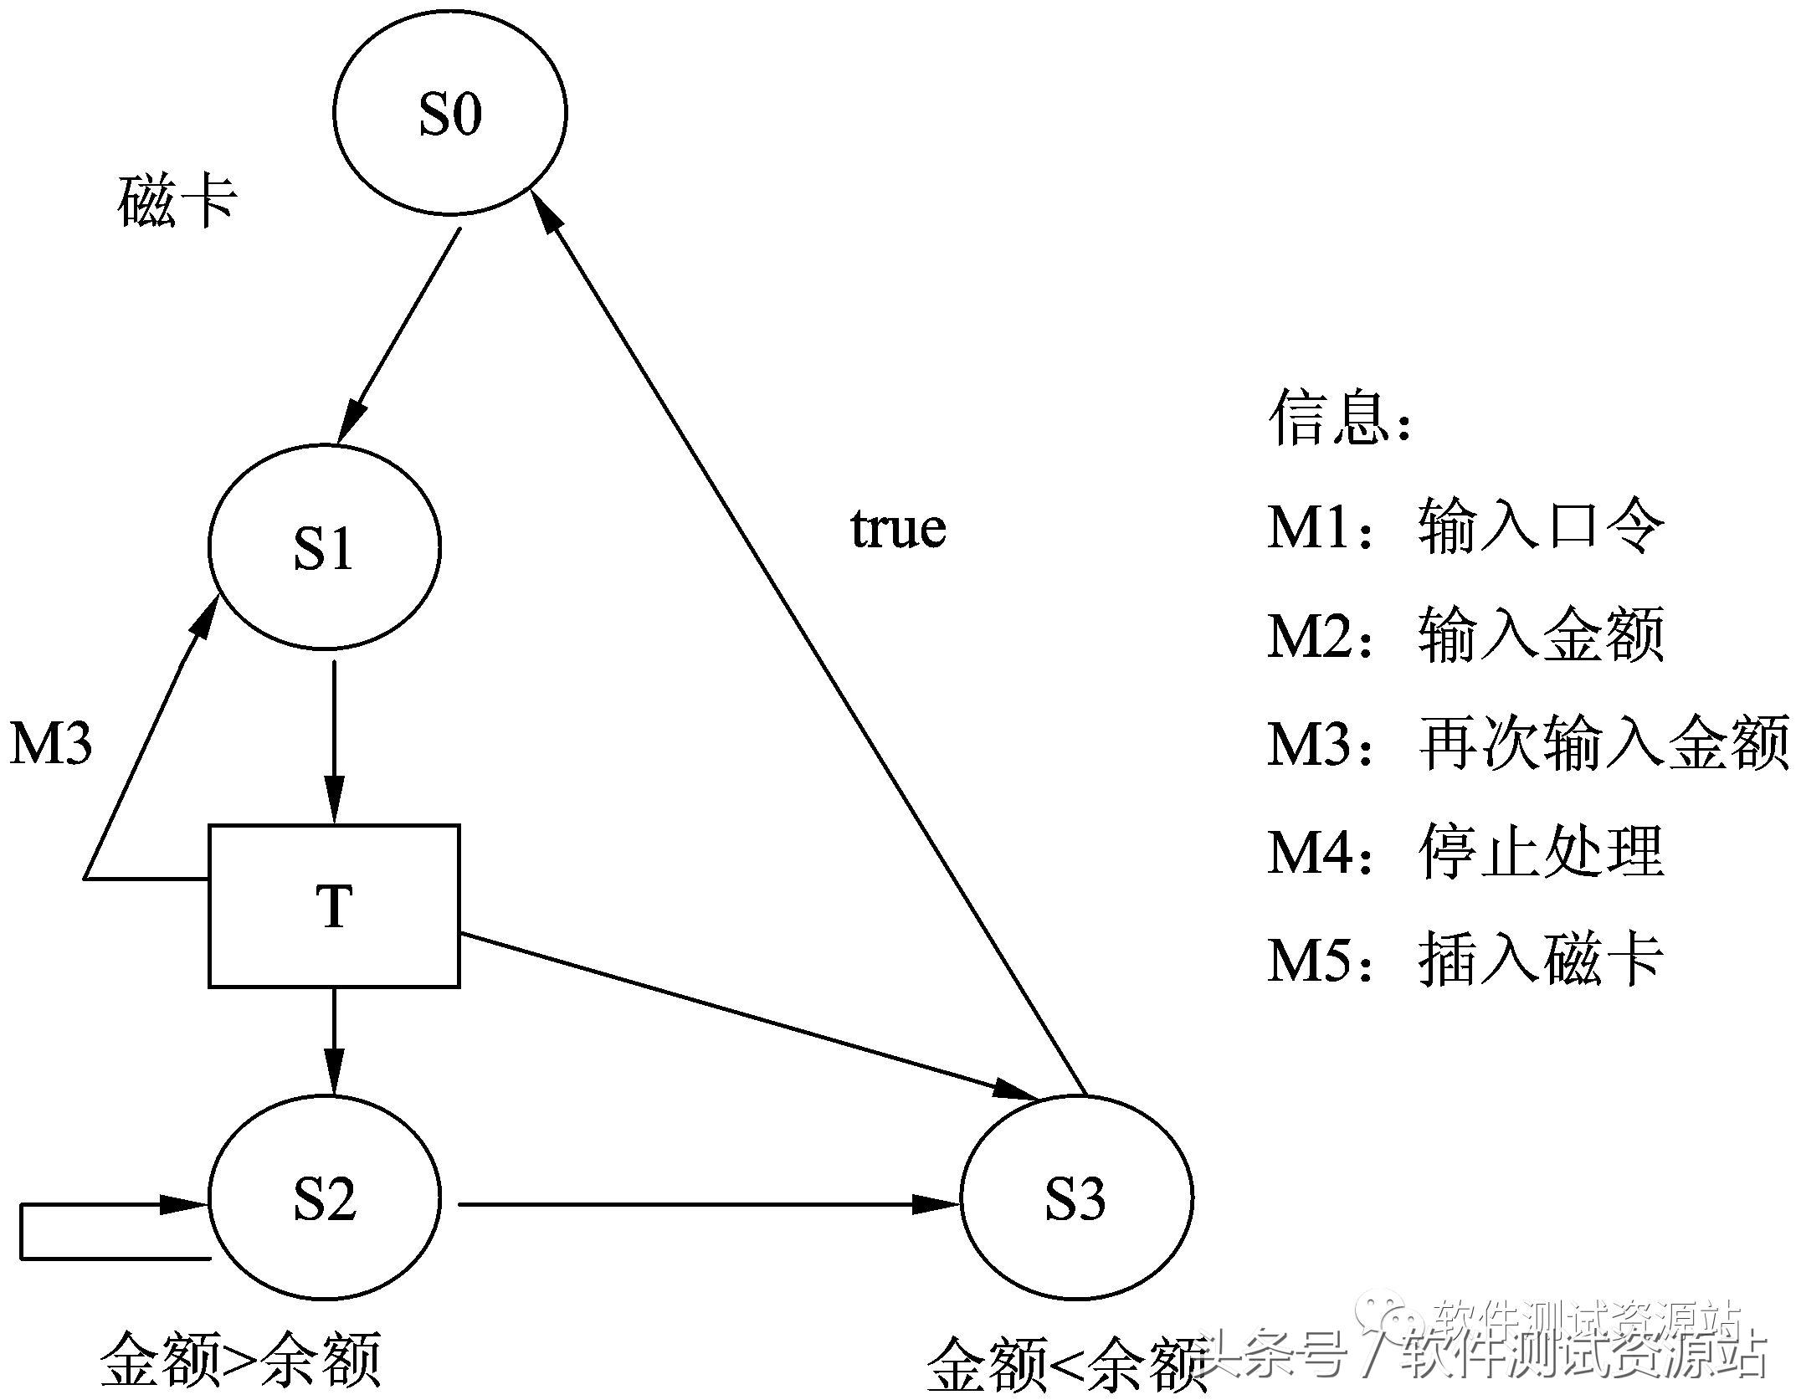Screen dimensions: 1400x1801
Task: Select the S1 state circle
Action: click(x=324, y=547)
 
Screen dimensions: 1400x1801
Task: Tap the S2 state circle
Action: click(x=324, y=1199)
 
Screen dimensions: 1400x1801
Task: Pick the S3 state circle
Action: click(x=1076, y=1199)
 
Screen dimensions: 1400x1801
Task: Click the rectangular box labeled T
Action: click(x=334, y=906)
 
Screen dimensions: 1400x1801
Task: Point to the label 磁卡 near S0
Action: click(x=177, y=202)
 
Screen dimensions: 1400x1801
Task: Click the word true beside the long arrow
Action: click(x=898, y=528)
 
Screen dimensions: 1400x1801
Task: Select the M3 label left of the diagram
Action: click(x=51, y=742)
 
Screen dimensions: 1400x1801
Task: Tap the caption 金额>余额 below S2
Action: click(x=241, y=1359)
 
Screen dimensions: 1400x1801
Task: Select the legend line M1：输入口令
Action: click(x=1465, y=526)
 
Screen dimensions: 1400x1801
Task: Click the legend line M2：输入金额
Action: click(x=1465, y=635)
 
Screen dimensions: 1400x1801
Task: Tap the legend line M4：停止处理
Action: click(x=1465, y=852)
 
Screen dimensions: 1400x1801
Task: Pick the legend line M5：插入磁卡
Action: click(x=1465, y=959)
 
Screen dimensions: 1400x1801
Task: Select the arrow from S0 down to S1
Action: click(x=398, y=335)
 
